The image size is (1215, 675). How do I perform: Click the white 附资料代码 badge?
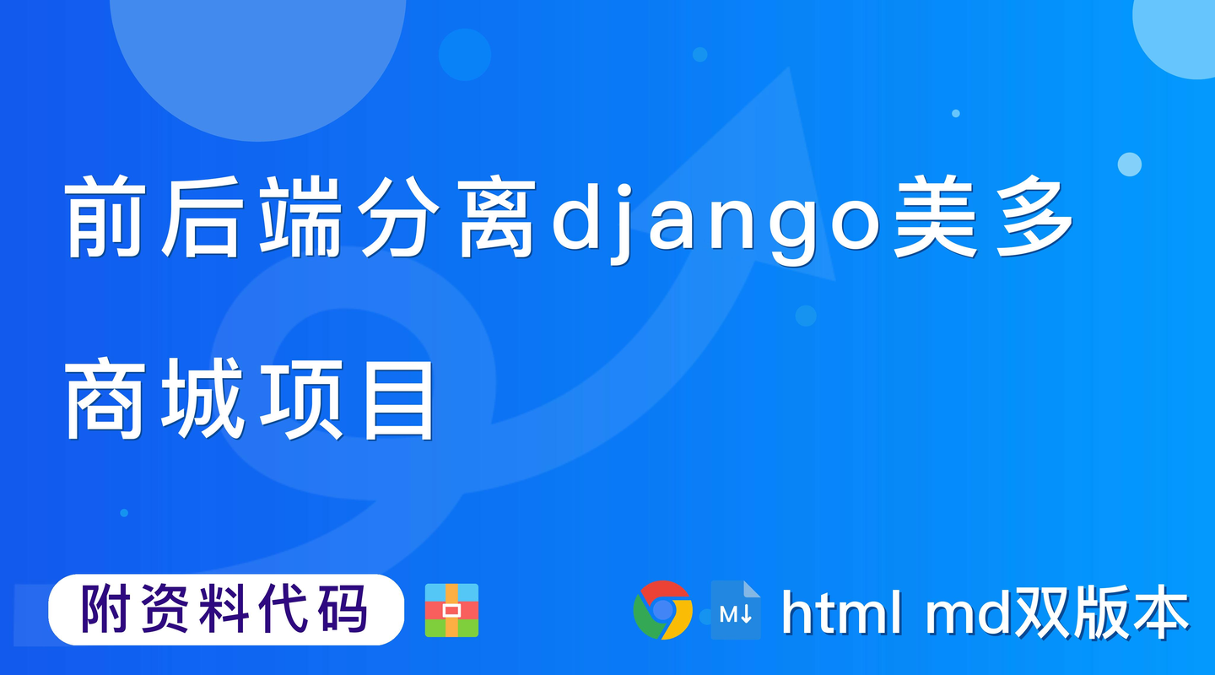click(x=226, y=609)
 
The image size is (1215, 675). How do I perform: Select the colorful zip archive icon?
click(x=451, y=609)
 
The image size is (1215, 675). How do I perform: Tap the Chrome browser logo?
click(x=662, y=609)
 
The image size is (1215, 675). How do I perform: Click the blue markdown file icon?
click(x=736, y=610)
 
